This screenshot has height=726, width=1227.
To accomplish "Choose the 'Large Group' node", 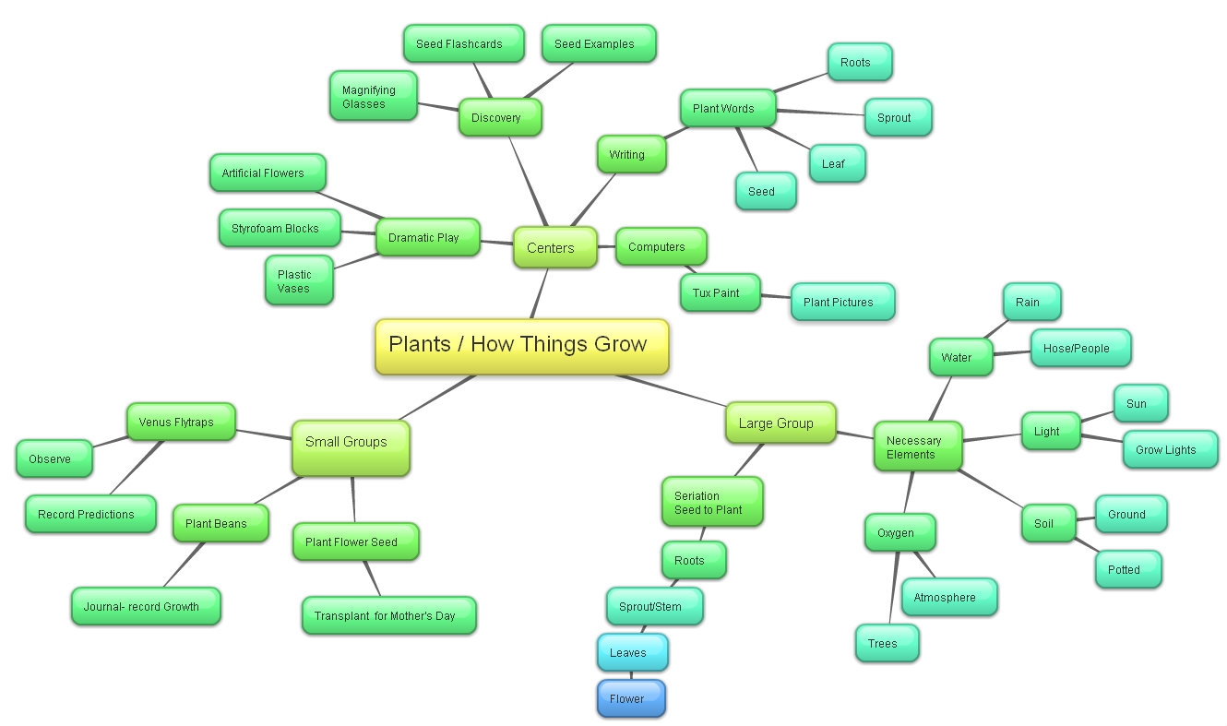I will [x=780, y=423].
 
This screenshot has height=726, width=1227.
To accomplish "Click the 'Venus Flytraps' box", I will [x=181, y=423].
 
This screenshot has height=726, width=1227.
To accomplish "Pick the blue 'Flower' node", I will [x=630, y=698].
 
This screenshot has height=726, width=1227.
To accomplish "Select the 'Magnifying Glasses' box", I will [x=373, y=97].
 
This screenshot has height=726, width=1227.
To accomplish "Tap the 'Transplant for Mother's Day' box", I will [x=388, y=615].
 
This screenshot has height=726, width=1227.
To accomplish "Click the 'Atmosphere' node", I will [x=948, y=597].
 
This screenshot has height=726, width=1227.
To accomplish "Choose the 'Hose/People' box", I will [x=1080, y=348].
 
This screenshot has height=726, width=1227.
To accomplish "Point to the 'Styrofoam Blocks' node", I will [x=280, y=228].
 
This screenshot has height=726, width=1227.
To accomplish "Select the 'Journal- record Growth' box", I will [x=146, y=606].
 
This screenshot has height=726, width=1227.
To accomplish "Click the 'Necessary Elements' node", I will [x=918, y=447].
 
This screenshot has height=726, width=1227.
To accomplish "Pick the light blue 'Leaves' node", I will [x=632, y=652].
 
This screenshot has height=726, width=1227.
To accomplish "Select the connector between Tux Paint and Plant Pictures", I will [x=776, y=296].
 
